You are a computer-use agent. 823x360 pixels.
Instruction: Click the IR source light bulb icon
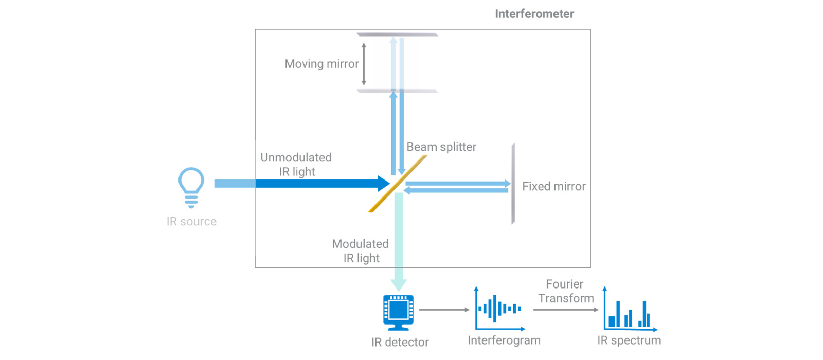(x=191, y=187)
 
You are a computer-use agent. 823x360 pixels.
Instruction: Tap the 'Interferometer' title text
(x=534, y=14)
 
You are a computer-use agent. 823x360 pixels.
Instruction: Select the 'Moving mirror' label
(x=321, y=64)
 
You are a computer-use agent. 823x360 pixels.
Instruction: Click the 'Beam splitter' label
(x=441, y=147)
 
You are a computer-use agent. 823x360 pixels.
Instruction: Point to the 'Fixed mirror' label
(x=553, y=186)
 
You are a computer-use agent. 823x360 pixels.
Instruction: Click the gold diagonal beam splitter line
(x=398, y=184)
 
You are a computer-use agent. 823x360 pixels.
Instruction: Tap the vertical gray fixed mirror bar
(x=513, y=184)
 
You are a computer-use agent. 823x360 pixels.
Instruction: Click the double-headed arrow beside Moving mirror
(x=364, y=64)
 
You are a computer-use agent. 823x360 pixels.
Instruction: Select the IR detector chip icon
(x=399, y=312)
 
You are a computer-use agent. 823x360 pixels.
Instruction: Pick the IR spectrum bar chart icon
(x=630, y=310)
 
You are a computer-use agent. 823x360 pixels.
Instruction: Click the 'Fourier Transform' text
(x=565, y=291)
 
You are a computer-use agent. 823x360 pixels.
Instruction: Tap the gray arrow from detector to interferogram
(x=444, y=310)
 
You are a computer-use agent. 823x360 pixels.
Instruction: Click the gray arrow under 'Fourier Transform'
(x=566, y=310)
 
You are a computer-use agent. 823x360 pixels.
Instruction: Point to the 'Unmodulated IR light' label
(x=296, y=165)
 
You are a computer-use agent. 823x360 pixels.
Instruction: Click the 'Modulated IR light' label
(x=361, y=251)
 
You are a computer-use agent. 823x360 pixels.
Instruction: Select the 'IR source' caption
(x=191, y=222)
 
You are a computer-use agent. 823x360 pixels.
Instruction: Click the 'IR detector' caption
(x=400, y=343)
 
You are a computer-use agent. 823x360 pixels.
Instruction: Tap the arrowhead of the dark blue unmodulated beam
(x=384, y=184)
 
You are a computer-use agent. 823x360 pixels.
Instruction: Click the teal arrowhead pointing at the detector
(x=399, y=285)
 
